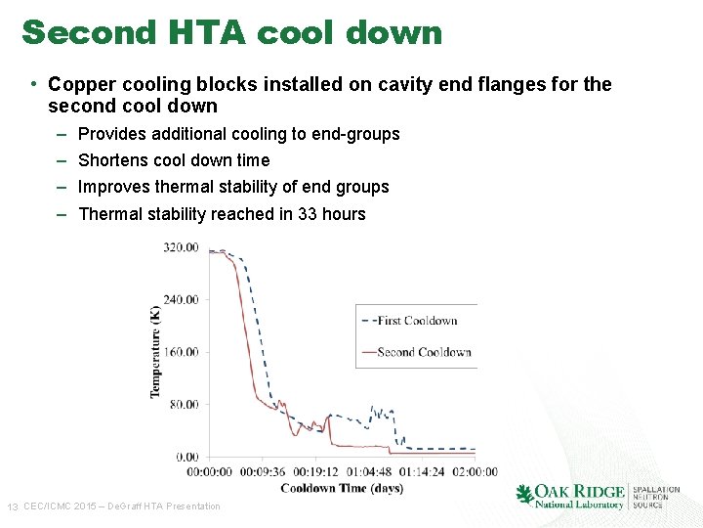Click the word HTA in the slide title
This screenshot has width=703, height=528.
[213, 32]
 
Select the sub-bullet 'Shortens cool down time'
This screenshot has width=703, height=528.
[173, 160]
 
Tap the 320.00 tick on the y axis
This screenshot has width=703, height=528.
[181, 247]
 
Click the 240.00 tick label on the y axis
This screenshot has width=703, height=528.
[181, 300]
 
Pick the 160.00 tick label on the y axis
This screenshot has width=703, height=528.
[181, 352]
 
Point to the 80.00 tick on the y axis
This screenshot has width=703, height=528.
[184, 405]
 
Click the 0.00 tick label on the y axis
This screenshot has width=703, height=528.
[186, 457]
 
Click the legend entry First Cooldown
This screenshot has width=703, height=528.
[417, 320]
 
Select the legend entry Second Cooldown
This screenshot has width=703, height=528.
[424, 352]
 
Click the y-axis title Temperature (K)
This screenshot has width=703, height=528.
[154, 352]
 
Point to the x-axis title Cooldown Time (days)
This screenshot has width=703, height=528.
[342, 488]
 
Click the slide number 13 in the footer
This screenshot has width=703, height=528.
[13, 506]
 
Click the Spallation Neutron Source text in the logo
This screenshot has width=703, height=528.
[655, 497]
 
